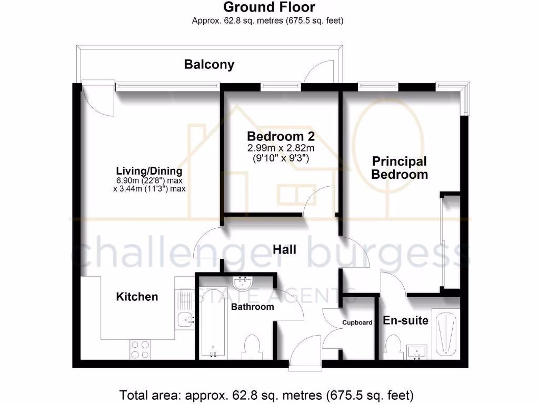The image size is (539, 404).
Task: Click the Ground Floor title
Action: pyautogui.click(x=269, y=7)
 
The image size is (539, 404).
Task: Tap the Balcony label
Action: pyautogui.click(x=209, y=65)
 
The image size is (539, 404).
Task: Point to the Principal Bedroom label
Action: pyautogui.click(x=400, y=168)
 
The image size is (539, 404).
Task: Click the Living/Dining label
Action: pyautogui.click(x=149, y=171)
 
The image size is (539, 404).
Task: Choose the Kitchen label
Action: pyautogui.click(x=137, y=297)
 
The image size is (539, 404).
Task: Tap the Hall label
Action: pyautogui.click(x=284, y=249)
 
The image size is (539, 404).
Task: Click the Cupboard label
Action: pyautogui.click(x=357, y=322)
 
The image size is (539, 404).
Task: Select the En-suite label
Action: pyautogui.click(x=405, y=320)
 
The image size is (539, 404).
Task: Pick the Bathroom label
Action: pyautogui.click(x=253, y=307)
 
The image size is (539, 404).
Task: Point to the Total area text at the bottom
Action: pyautogui.click(x=266, y=394)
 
